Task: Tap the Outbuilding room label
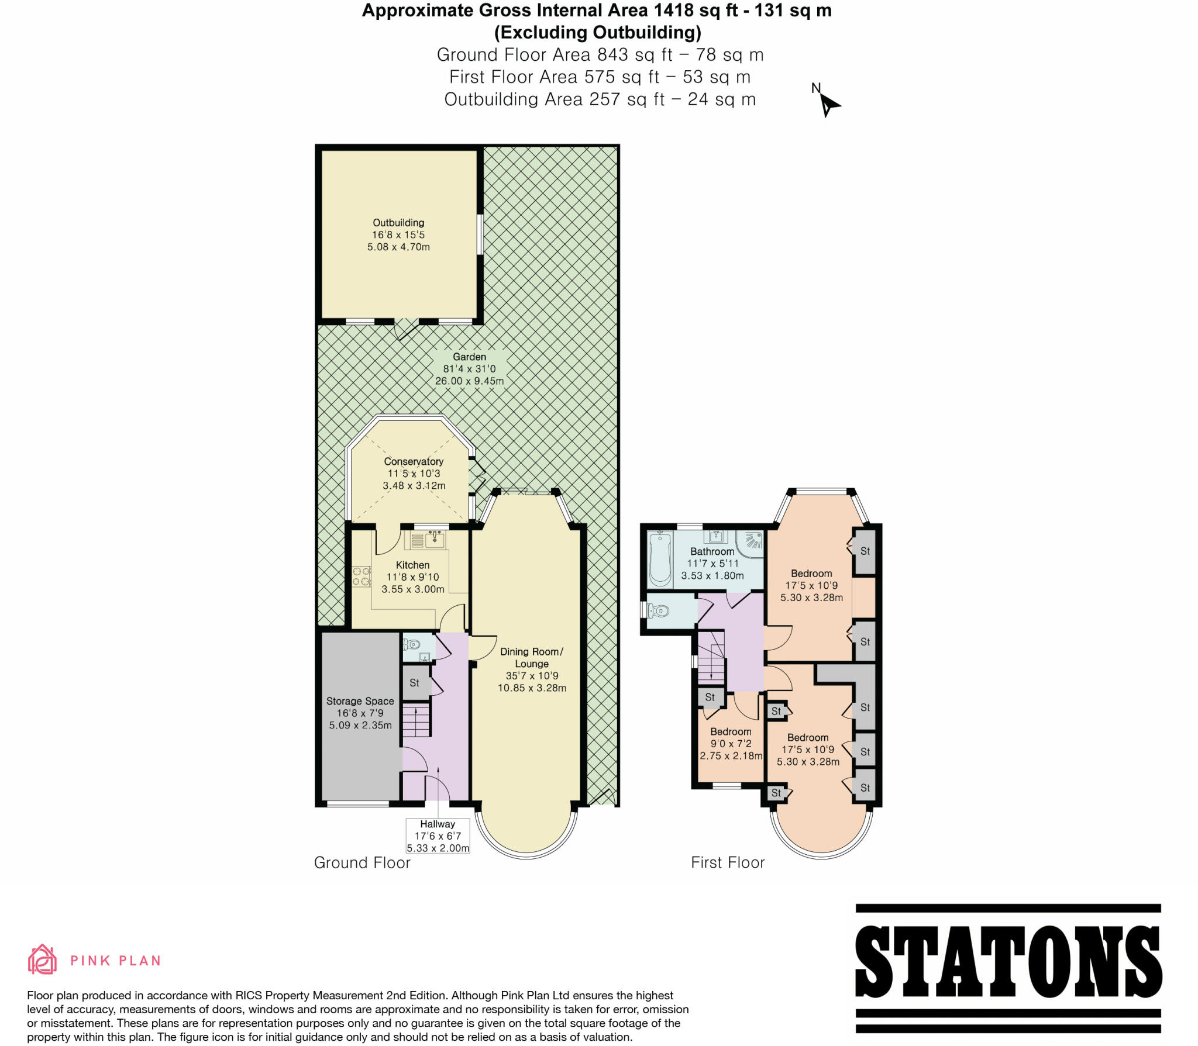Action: pyautogui.click(x=398, y=234)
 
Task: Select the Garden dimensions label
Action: pyautogui.click(x=469, y=369)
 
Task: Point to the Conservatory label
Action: pyautogui.click(x=414, y=473)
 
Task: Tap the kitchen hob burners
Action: pyautogui.click(x=361, y=576)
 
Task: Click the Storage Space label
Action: pyautogui.click(x=360, y=713)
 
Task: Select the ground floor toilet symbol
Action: pyautogui.click(x=412, y=644)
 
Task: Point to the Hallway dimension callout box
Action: pyautogui.click(x=438, y=836)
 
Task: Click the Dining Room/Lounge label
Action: pyautogui.click(x=531, y=669)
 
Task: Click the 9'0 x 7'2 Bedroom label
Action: pyautogui.click(x=731, y=743)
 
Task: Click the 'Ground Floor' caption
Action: pyautogui.click(x=362, y=862)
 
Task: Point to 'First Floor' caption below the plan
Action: pyautogui.click(x=728, y=862)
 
